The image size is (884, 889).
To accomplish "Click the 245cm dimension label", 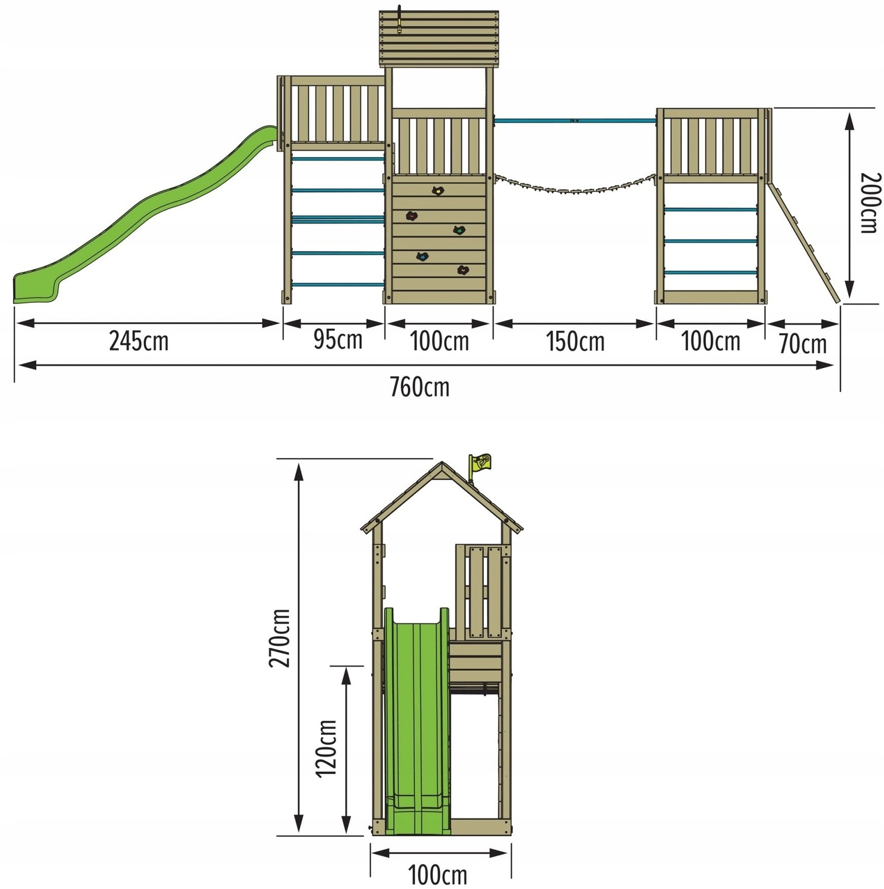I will (139, 341).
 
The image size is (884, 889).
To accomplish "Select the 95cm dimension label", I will (337, 340).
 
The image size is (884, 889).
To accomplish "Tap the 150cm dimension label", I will (575, 342).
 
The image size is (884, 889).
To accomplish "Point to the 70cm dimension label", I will (802, 344).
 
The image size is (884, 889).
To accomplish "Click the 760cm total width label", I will (419, 387).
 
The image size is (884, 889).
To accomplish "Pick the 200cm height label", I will (869, 203).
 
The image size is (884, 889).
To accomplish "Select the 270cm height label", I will (280, 638).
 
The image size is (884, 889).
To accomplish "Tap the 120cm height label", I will (326, 748).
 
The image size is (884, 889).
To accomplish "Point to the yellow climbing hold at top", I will (438, 191).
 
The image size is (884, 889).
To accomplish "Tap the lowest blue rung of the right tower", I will (710, 273).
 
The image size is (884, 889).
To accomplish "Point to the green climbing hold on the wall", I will (458, 230).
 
